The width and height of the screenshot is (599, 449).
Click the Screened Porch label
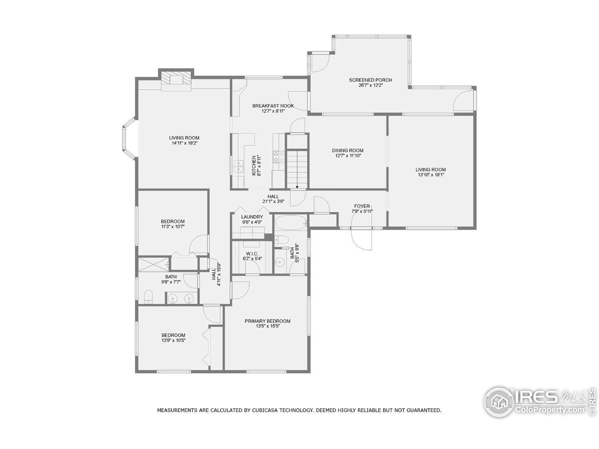click(370, 80)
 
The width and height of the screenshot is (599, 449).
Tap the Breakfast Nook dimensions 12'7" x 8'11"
click(273, 111)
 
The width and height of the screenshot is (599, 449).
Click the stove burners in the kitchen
click(279, 157)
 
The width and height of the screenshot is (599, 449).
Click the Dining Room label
click(348, 150)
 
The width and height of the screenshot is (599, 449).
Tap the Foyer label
click(362, 206)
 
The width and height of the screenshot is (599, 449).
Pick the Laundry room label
click(252, 217)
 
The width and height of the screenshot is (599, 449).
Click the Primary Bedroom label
click(267, 321)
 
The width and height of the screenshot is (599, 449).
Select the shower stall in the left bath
click(153, 264)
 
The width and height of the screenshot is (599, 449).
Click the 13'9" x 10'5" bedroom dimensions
click(173, 340)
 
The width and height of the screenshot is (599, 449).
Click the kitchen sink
click(239, 166)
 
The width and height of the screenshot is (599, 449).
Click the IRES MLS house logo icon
click(499, 402)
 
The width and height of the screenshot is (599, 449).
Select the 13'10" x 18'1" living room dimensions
click(431, 175)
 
